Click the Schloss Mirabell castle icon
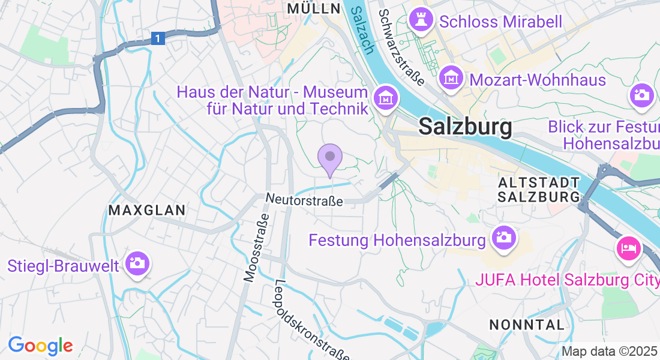[421, 20]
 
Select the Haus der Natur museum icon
[384, 97]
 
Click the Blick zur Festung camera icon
[641, 95]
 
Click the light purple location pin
[329, 158]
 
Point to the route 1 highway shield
[157, 38]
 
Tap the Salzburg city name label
[466, 127]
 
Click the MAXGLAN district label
[147, 210]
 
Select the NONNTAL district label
[527, 325]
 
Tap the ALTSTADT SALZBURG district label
[539, 189]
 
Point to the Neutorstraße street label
[304, 200]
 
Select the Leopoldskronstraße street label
[311, 320]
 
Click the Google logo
[40, 346]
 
